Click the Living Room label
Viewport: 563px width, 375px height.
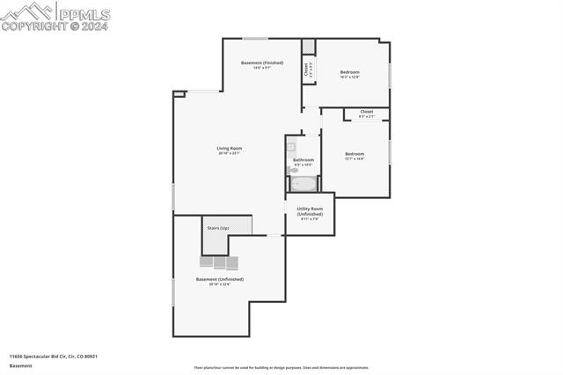(x=230, y=148)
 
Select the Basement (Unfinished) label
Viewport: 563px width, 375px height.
(x=219, y=279)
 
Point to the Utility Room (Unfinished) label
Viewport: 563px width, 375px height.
(x=309, y=211)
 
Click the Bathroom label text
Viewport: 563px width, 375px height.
(x=303, y=159)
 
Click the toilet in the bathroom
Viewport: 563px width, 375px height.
(x=293, y=170)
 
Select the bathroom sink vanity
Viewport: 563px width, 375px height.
(x=291, y=147)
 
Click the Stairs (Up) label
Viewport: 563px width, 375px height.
(x=218, y=228)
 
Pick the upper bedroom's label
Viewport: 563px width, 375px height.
(x=350, y=72)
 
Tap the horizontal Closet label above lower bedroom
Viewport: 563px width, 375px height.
(x=366, y=112)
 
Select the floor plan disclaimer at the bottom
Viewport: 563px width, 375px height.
(x=281, y=368)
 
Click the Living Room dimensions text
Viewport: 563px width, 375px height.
(x=230, y=153)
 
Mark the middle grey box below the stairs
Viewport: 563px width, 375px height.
(x=219, y=262)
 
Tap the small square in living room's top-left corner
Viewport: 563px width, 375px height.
(x=179, y=93)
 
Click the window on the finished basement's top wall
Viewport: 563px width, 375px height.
(x=255, y=38)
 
